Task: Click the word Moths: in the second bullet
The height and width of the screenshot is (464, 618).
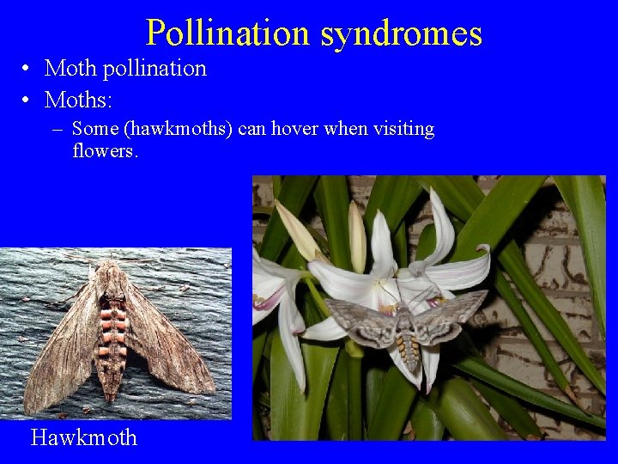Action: (78, 100)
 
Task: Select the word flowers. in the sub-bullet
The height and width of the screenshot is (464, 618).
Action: (106, 151)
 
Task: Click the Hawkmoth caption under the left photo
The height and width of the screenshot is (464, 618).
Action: (83, 437)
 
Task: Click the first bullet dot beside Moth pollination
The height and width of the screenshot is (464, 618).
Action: (28, 69)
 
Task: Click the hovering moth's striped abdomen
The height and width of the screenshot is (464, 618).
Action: (409, 348)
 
